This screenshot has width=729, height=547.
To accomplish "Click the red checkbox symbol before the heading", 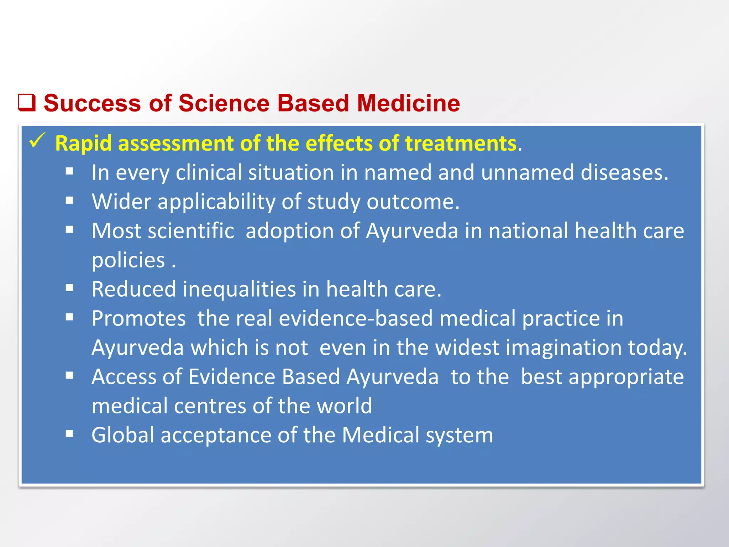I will click(27, 103).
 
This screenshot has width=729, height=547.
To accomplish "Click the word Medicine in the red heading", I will click(408, 103).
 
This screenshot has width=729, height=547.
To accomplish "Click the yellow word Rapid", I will click(84, 144).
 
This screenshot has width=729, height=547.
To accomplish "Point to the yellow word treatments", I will click(461, 144).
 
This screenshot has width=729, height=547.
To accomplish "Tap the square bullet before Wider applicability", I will click(69, 200).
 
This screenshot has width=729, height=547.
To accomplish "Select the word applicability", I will click(216, 202).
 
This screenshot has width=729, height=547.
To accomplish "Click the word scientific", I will click(191, 231).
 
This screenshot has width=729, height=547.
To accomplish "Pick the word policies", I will click(129, 260).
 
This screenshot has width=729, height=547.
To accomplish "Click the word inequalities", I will click(239, 289).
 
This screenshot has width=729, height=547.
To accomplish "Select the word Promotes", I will click(138, 318).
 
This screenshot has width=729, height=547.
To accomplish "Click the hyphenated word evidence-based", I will click(356, 318).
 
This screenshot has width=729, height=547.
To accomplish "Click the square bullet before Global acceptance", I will click(69, 434).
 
